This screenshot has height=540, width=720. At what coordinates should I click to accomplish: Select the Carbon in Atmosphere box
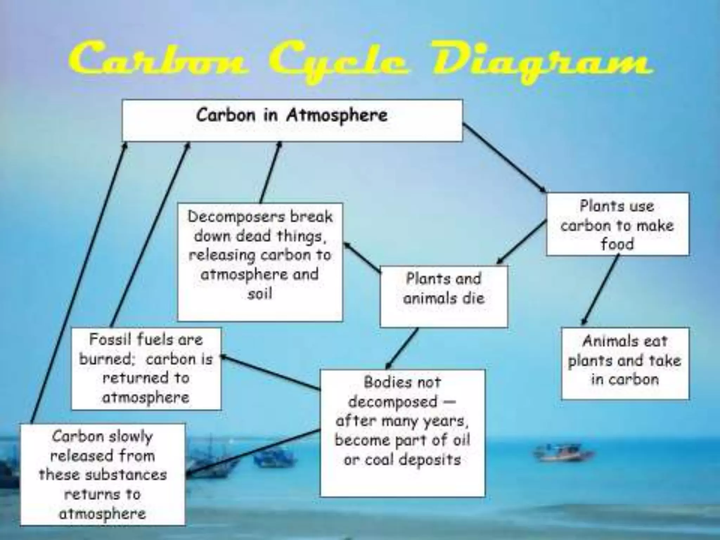click(292, 121)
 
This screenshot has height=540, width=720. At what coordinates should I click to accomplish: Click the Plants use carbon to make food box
click(617, 224)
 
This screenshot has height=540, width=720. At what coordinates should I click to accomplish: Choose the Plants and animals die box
click(444, 296)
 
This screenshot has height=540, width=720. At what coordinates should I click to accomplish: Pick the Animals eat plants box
click(625, 363)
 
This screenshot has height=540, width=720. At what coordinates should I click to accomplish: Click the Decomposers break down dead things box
click(260, 262)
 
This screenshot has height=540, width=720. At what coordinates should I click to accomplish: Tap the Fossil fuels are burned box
click(146, 368)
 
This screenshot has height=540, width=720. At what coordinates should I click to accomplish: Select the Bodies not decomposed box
click(403, 433)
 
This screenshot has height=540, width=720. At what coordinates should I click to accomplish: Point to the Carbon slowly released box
click(102, 474)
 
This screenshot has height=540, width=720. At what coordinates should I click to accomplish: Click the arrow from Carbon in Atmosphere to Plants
click(504, 158)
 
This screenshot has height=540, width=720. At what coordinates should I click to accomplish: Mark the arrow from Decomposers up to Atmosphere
click(270, 172)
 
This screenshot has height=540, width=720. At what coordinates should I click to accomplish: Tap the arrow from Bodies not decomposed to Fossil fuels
click(271, 373)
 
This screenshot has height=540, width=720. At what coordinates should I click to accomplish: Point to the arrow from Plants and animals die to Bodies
click(403, 348)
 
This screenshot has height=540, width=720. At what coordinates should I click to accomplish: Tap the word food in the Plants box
click(617, 244)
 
